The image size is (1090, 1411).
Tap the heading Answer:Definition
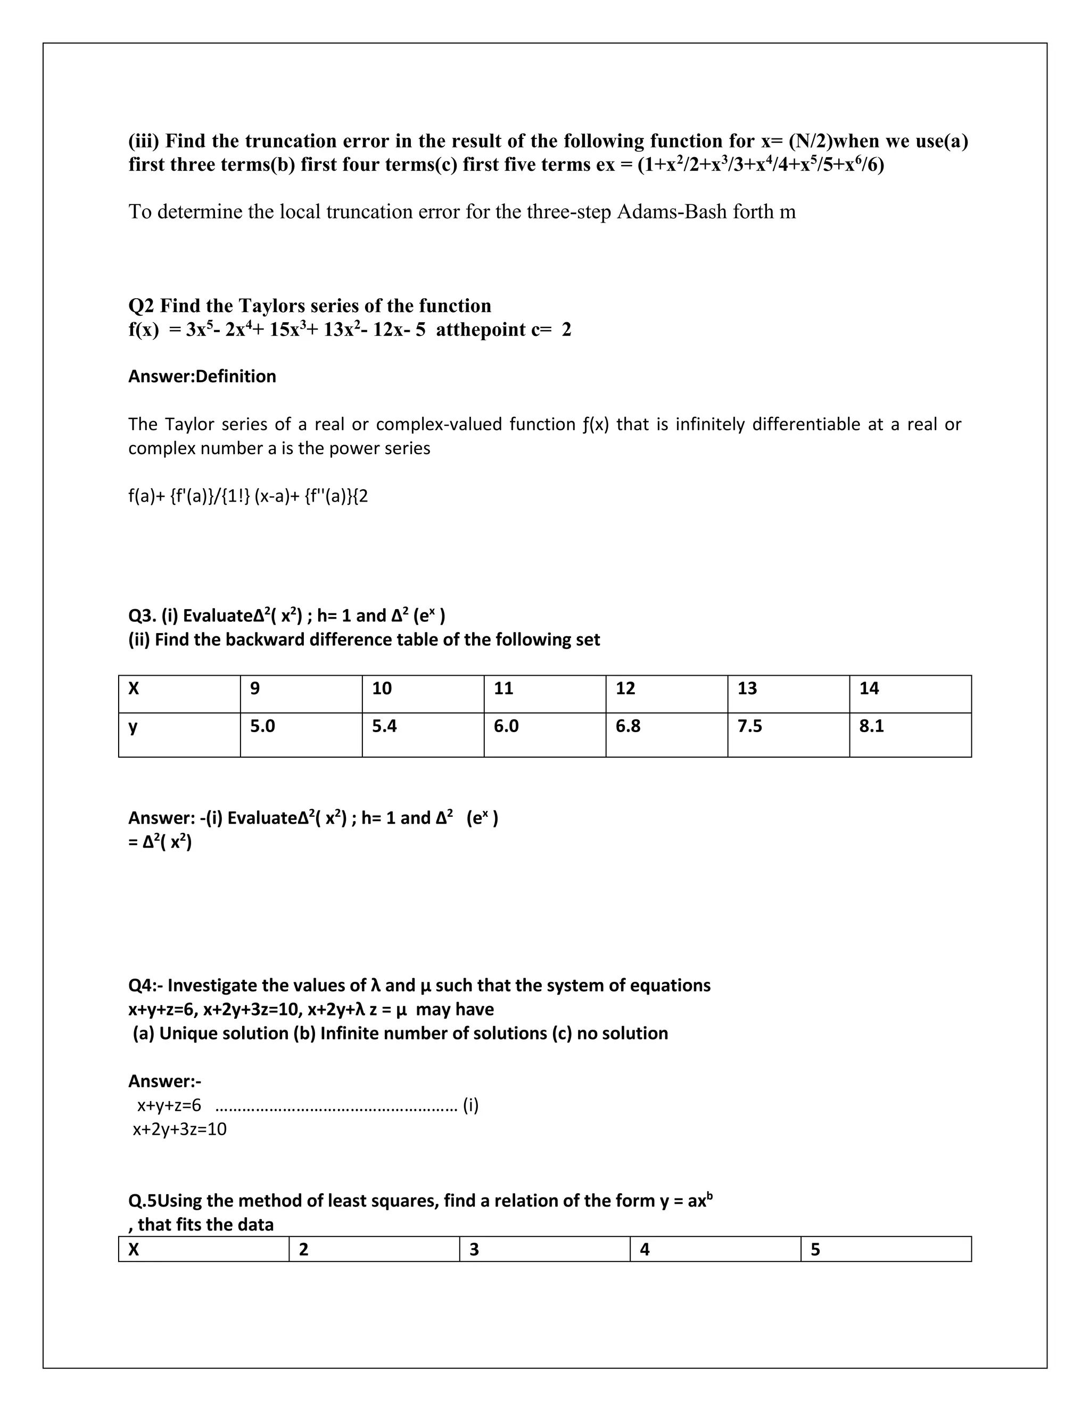click(x=202, y=376)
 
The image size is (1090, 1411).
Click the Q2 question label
click(x=142, y=306)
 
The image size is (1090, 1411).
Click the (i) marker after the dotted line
click(x=470, y=1105)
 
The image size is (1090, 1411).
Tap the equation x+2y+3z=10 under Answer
click(x=179, y=1129)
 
